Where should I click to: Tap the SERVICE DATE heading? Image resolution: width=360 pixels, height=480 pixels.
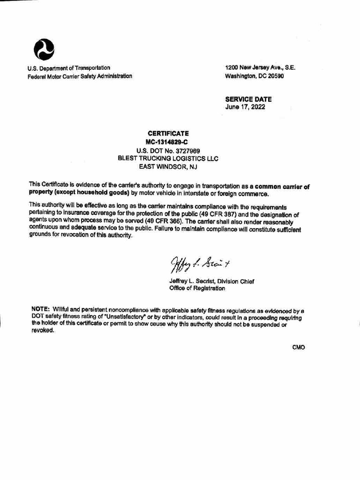pyautogui.click(x=248, y=99)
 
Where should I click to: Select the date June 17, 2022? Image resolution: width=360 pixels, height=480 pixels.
pyautogui.click(x=245, y=107)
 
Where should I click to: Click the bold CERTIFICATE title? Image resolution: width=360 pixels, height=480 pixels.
pyautogui.click(x=168, y=134)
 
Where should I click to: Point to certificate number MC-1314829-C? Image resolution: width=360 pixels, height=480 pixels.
pyautogui.click(x=168, y=142)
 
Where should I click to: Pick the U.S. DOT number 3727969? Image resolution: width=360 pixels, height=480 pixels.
pyautogui.click(x=168, y=150)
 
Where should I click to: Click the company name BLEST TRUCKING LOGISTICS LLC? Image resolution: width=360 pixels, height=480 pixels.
pyautogui.click(x=168, y=158)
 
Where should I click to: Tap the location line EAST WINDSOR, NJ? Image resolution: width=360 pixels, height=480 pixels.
pyautogui.click(x=168, y=166)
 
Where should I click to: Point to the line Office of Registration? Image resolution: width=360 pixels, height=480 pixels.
pyautogui.click(x=197, y=289)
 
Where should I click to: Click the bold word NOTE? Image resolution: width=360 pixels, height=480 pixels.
pyautogui.click(x=41, y=309)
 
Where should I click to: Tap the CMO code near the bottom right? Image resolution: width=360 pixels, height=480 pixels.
pyautogui.click(x=298, y=347)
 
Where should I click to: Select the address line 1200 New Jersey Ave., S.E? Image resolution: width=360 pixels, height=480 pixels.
pyautogui.click(x=260, y=67)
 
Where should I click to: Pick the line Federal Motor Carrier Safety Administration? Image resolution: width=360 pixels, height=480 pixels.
pyautogui.click(x=80, y=76)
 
